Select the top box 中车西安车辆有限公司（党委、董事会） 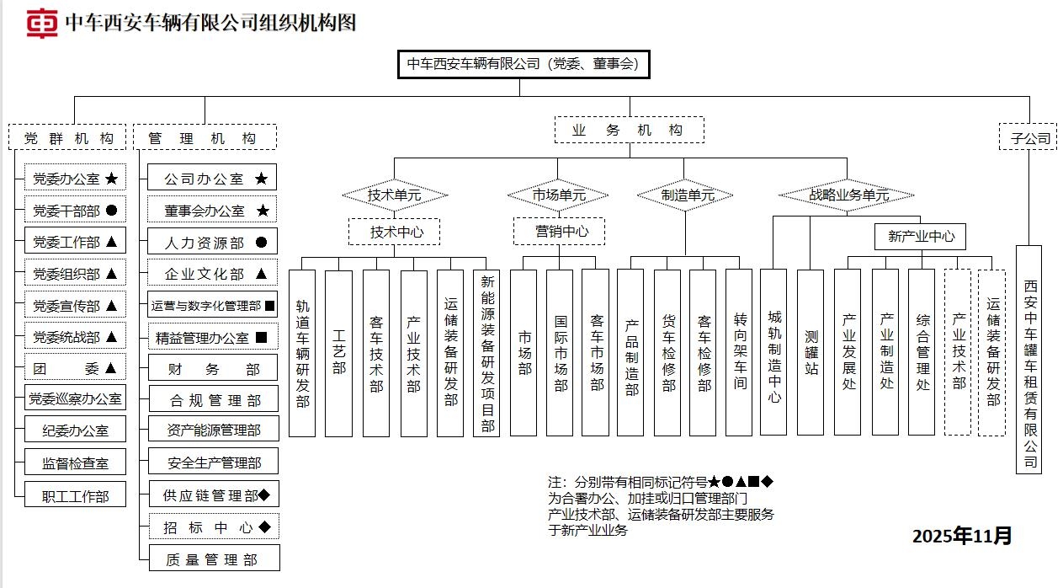pos(523,64)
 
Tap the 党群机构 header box pos(68,137)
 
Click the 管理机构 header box pos(205,137)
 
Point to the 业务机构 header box pos(629,131)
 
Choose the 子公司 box pos(1028,137)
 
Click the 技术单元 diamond pos(394,195)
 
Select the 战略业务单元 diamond pos(848,195)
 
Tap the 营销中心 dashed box pos(559,231)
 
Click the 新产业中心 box pos(920,237)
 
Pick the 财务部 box pos(212,369)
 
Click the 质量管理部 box pos(212,559)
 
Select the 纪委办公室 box pos(75,430)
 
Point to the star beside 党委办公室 pos(111,179)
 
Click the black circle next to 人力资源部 pos(261,243)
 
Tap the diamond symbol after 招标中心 pos(264,527)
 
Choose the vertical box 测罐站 pos(811,352)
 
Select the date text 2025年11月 pos(962,537)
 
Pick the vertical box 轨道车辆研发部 pos(302,353)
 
